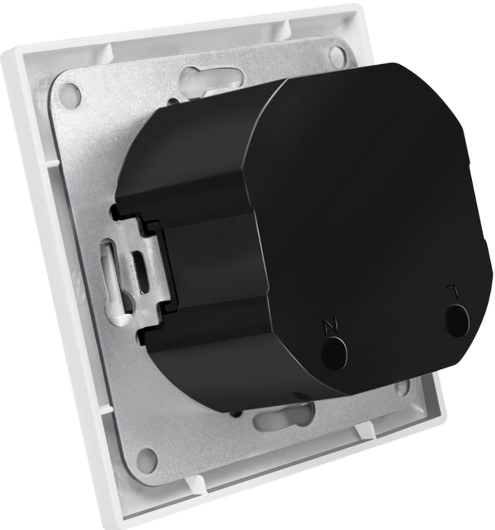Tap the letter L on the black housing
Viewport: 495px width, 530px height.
tap(453, 290)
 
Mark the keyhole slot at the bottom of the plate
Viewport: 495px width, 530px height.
tap(284, 417)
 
